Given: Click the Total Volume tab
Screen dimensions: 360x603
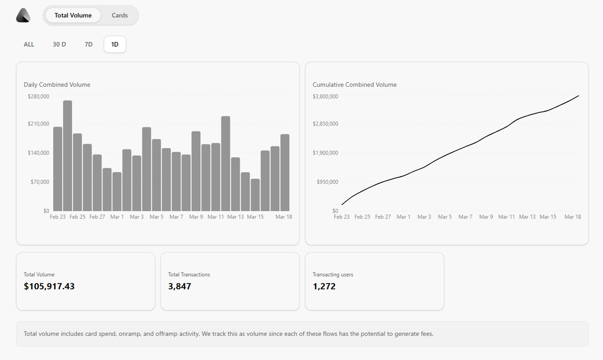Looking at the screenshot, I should coord(73,16).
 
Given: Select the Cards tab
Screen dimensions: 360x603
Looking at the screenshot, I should coord(120,16).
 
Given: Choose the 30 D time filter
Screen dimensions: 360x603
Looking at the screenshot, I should coord(59,44).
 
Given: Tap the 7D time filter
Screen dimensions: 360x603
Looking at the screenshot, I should coord(88,44).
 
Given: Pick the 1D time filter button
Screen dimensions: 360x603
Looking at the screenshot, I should coord(115,44).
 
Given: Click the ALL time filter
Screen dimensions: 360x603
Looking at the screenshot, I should coord(29,44).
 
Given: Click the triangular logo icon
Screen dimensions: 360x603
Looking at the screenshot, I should coord(23,16).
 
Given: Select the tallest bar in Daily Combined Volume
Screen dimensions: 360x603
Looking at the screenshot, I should coord(67,156).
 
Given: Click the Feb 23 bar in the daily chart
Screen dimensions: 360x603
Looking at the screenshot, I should coord(58,169).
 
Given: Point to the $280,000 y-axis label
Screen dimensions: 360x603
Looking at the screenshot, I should coord(39,96).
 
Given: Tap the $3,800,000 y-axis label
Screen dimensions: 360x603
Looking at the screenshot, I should coord(326,96).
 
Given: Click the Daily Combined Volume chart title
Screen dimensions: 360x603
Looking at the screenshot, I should coord(57,85).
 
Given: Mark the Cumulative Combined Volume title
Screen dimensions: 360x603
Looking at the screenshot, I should coord(354,85).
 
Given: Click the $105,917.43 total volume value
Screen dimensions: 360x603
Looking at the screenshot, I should coord(49,287).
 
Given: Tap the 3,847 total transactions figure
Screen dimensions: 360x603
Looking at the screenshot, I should coord(179,287).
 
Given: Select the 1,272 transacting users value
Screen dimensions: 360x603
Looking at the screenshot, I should coord(324,287).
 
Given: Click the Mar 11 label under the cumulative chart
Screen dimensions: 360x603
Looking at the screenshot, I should coord(507,217).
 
